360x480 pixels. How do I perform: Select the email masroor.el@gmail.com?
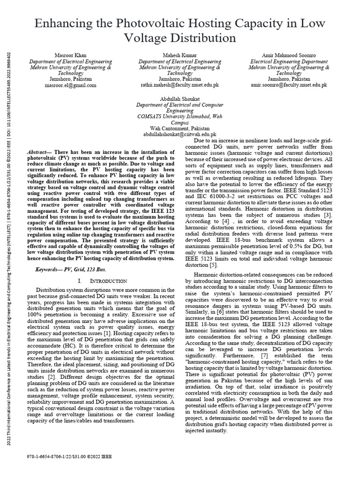coord(70,86)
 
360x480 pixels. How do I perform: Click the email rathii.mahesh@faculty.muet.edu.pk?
coord(180,86)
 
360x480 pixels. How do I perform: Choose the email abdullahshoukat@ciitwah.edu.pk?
coord(180,134)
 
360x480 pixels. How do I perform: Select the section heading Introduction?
coord(109,281)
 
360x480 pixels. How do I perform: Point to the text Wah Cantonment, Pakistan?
coord(180,128)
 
